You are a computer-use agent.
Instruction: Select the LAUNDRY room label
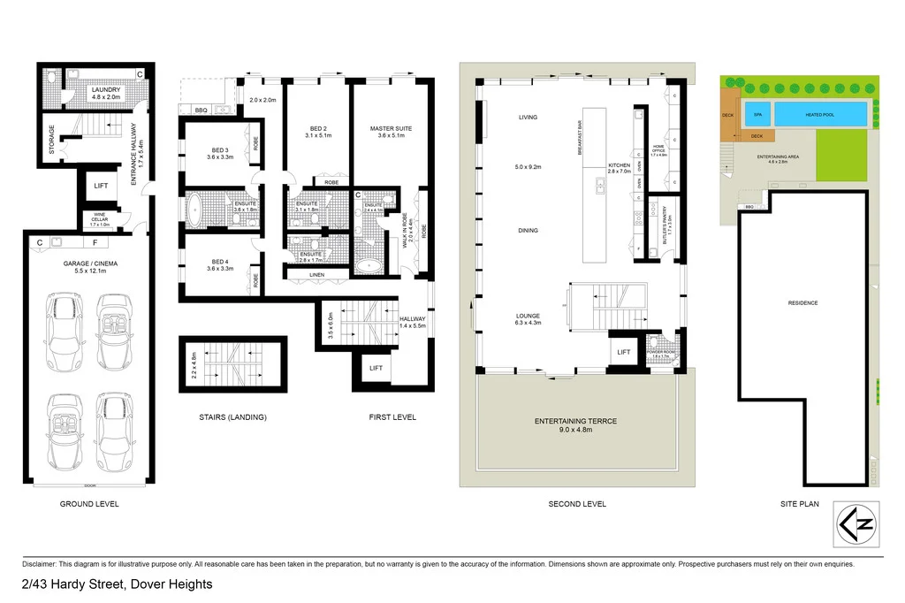[x=107, y=89]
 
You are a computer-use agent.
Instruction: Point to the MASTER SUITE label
[x=391, y=129]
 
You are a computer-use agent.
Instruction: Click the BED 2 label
[x=317, y=129]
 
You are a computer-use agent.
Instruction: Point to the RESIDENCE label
[x=802, y=303]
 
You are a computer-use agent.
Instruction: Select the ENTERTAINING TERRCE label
[x=575, y=421]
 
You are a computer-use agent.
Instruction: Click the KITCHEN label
[x=619, y=166]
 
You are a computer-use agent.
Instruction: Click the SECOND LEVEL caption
[x=577, y=504]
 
